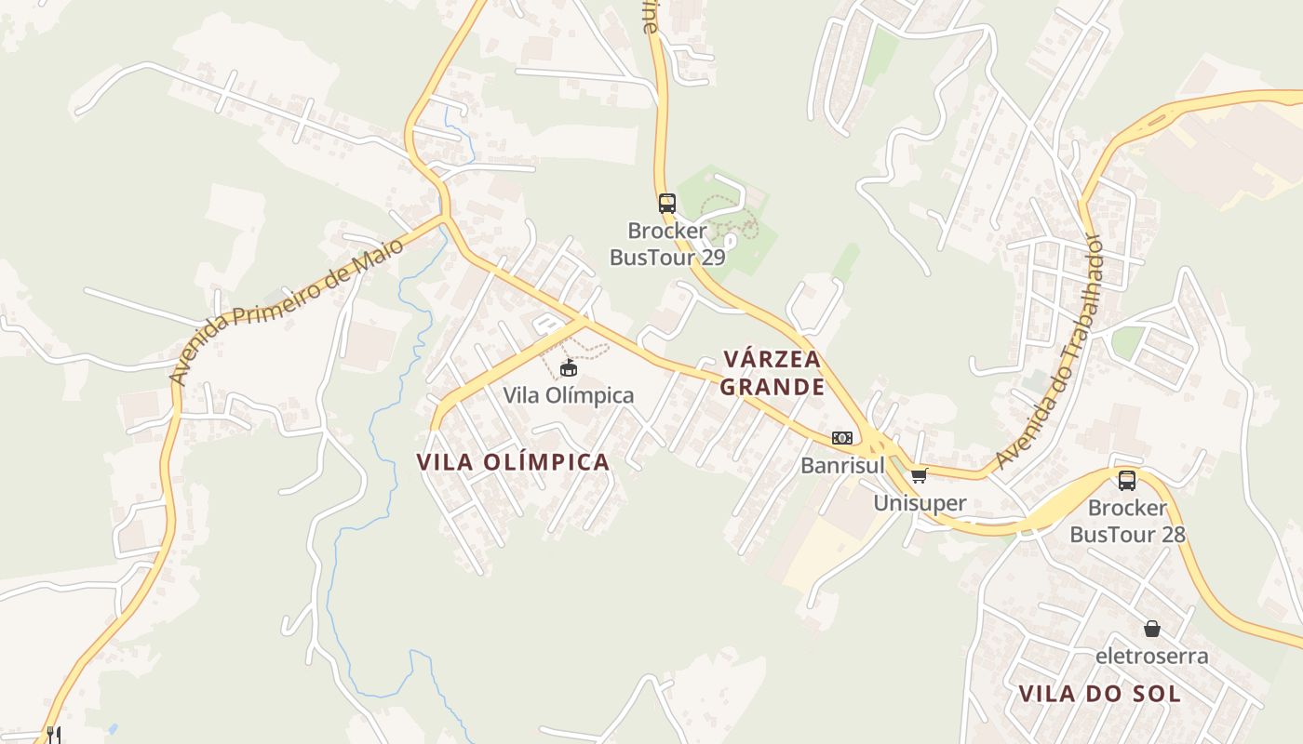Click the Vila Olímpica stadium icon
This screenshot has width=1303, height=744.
[569, 369]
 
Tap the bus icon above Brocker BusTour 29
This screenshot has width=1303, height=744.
[666, 203]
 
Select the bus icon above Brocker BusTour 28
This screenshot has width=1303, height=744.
[1127, 481]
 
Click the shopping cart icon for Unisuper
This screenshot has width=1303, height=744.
[920, 476]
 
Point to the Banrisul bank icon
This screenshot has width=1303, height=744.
[842, 438]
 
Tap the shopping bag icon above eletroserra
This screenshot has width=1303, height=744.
[1152, 629]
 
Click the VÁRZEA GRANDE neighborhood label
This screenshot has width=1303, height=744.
[772, 373]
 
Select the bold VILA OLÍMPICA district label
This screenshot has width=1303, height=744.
[513, 462]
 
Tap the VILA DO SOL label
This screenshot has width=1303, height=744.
[1100, 694]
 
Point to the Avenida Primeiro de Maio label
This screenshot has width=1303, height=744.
[287, 311]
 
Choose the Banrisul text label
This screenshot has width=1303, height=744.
[842, 465]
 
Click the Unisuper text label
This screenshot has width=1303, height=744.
[920, 503]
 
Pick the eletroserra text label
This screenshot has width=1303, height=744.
[1152, 656]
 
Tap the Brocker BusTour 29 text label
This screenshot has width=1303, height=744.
[666, 244]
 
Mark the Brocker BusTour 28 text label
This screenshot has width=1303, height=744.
[1127, 521]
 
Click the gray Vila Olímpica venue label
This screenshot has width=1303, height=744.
[569, 395]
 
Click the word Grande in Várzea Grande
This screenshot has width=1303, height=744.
[772, 387]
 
